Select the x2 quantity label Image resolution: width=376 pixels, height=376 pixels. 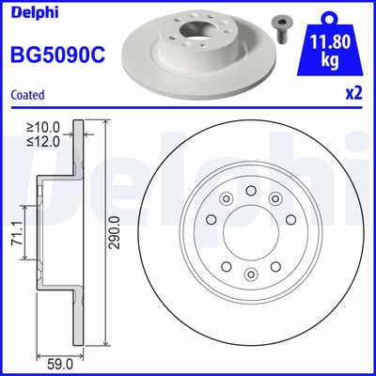(353, 94)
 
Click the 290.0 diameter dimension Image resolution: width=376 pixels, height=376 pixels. (114, 231)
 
